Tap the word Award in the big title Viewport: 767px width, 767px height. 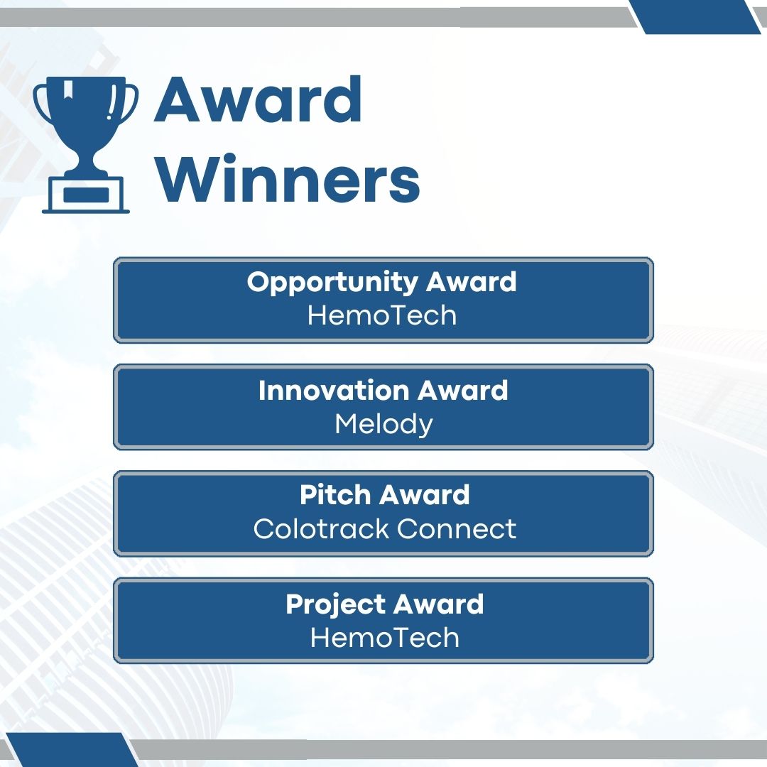pyautogui.click(x=259, y=102)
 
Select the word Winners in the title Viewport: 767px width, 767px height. pyautogui.click(x=288, y=181)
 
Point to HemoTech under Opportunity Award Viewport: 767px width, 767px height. pyautogui.click(x=382, y=315)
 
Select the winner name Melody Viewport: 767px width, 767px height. pyautogui.click(x=383, y=424)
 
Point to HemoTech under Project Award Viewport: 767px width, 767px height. pyautogui.click(x=384, y=637)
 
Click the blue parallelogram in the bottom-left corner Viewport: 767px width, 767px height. pyautogui.click(x=71, y=750)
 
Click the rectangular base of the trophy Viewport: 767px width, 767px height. pyautogui.click(x=86, y=194)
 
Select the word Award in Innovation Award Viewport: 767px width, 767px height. pyautogui.click(x=462, y=391)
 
